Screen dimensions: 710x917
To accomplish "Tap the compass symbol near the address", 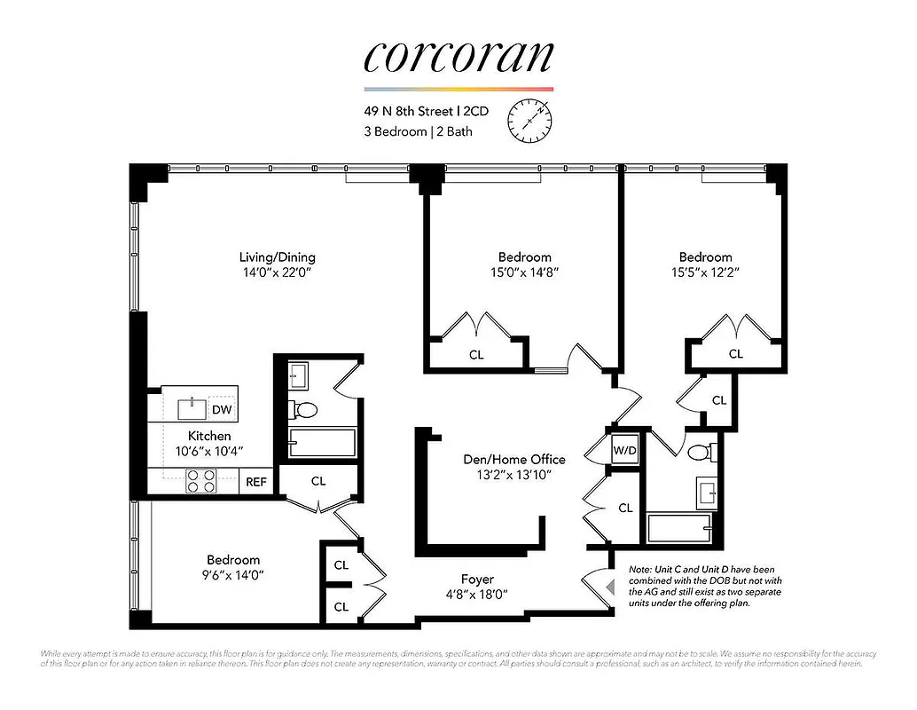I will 529,120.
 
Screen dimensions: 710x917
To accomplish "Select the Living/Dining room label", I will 277,257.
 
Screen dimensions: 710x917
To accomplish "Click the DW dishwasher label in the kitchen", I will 222,409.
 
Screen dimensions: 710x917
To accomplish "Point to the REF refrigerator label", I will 256,482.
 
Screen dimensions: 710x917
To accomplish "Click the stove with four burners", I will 201,481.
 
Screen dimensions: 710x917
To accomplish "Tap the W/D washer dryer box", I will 625,450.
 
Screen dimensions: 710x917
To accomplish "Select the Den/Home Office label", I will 513,459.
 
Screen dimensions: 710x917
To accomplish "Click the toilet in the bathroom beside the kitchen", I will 304,409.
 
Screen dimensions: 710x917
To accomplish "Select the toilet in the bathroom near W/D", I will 698,453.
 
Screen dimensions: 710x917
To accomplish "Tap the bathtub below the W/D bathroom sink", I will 684,529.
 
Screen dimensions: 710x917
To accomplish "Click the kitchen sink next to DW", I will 192,408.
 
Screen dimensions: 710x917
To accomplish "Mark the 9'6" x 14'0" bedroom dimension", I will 233,574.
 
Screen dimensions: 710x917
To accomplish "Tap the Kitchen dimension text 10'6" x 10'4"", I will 209,451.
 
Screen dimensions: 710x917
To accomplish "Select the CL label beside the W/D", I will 625,508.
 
